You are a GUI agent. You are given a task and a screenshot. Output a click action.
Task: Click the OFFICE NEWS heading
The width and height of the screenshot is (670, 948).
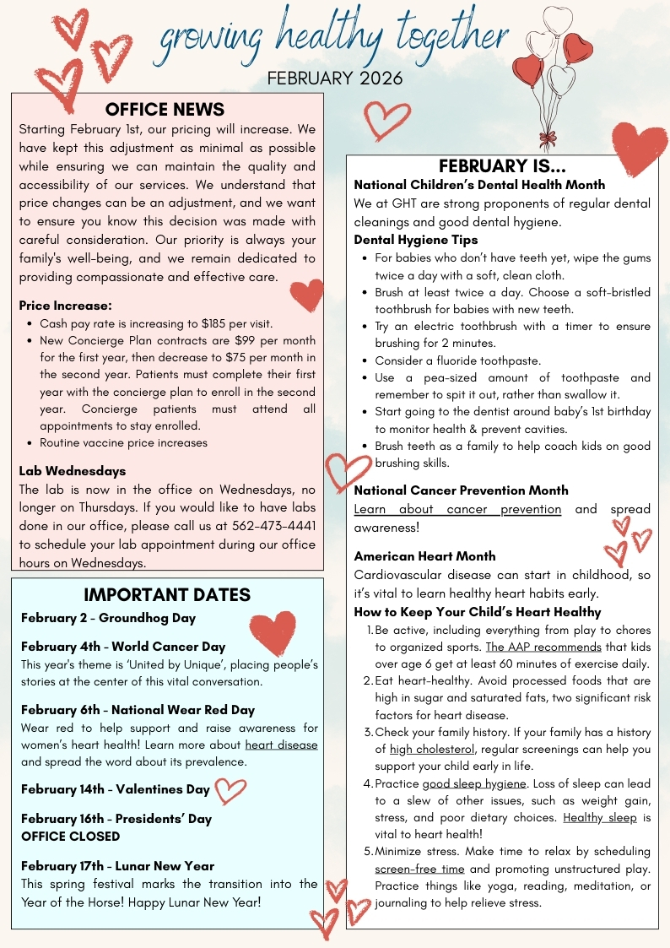point(165,110)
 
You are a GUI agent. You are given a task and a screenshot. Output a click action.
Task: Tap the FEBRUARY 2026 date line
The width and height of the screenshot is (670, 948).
point(335,79)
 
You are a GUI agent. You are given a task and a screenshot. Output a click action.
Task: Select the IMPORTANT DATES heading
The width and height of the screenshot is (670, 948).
point(167,594)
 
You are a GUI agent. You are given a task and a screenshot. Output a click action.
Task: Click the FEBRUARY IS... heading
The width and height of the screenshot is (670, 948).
point(502,166)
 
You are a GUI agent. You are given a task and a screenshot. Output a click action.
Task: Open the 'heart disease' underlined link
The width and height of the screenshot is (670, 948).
point(281,745)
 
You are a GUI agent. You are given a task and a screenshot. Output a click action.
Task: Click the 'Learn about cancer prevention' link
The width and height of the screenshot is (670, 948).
point(457,509)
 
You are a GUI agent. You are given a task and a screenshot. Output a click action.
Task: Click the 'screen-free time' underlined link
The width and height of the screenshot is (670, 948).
point(419,869)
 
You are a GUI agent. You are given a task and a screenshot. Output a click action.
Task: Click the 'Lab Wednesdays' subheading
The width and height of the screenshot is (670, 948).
point(73,471)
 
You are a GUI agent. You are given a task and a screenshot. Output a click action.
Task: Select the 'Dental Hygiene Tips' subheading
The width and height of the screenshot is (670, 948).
point(416,240)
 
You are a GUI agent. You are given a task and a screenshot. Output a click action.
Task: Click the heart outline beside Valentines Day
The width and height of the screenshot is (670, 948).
point(230,790)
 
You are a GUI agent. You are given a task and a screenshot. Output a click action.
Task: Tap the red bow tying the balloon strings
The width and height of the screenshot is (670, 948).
point(548,138)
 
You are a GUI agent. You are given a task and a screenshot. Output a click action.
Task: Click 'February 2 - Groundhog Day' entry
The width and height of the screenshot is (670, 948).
point(108,618)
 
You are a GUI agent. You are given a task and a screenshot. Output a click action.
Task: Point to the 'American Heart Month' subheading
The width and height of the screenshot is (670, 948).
point(424,556)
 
